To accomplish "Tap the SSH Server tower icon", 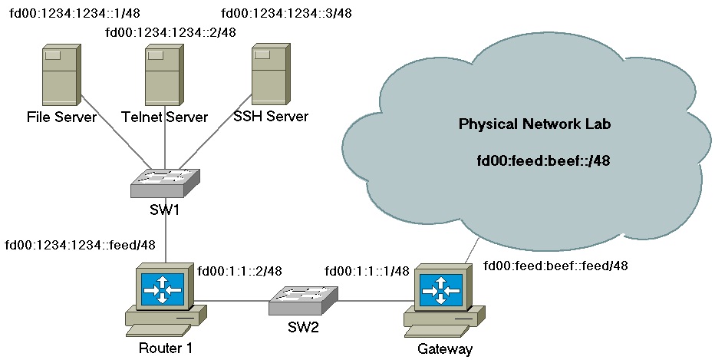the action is [x=271, y=74].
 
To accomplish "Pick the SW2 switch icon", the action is [x=303, y=301].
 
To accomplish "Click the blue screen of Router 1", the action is [x=163, y=289].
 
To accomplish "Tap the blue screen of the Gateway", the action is [x=441, y=289].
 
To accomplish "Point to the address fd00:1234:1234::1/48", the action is [x=74, y=13].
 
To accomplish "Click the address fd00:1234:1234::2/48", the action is [x=170, y=32].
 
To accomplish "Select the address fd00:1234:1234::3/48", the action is [x=286, y=13].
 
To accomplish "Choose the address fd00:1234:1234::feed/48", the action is [x=81, y=245].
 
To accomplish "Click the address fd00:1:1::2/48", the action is [x=239, y=270].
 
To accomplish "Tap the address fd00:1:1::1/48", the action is [x=367, y=271].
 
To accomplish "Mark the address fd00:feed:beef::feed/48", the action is [x=556, y=265].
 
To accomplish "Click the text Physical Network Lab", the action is [x=535, y=124].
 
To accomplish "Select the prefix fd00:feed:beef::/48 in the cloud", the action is [x=544, y=160].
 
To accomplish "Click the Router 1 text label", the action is [x=166, y=348].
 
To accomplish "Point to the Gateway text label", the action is [x=445, y=349].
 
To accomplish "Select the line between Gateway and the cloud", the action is [x=473, y=250].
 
